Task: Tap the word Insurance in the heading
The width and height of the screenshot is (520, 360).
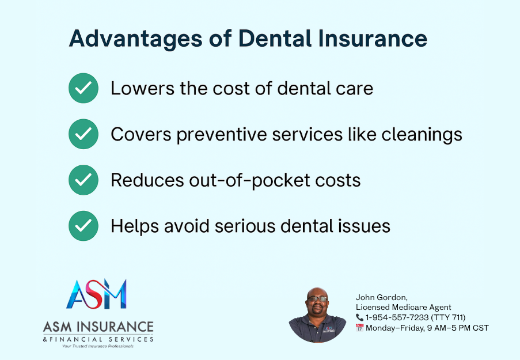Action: click(373, 38)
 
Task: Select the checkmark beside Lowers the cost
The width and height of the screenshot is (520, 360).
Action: click(83, 88)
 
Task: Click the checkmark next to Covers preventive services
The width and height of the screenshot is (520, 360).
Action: click(83, 134)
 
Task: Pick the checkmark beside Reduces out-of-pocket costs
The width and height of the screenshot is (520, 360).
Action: click(83, 180)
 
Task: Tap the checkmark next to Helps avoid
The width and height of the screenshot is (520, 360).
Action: click(83, 226)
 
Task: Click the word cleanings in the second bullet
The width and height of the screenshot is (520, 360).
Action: click(422, 135)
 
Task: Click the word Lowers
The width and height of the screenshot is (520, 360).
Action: click(142, 89)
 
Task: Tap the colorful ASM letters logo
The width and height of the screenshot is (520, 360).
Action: click(97, 294)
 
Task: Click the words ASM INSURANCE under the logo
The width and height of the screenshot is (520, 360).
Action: click(98, 327)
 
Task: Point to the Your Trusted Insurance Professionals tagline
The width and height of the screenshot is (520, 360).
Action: click(98, 346)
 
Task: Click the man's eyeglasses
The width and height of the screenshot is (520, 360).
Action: click(317, 298)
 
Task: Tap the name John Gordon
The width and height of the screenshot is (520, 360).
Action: click(381, 297)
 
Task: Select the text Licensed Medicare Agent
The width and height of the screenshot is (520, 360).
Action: click(403, 307)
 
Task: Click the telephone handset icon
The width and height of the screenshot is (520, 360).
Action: click(359, 317)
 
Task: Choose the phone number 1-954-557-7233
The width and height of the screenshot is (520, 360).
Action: click(397, 317)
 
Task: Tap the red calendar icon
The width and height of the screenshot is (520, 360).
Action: click(359, 328)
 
